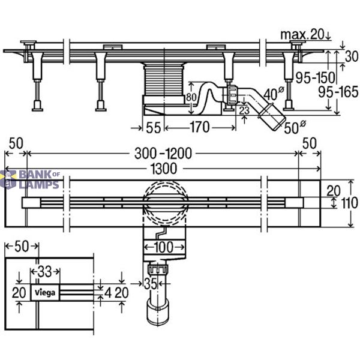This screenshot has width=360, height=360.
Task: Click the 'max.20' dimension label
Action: point(302,35)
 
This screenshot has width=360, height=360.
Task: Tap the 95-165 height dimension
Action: point(338,92)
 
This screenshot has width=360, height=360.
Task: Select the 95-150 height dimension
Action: point(315,77)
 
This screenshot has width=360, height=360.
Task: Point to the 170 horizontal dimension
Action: point(200,127)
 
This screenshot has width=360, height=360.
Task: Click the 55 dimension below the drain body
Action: point(154,127)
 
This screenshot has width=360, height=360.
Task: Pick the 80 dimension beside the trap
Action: point(191,97)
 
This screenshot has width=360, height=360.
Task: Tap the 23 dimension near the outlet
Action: point(244,110)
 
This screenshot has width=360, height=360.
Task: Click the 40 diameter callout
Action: point(274,94)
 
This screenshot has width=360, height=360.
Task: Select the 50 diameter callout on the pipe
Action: point(295,127)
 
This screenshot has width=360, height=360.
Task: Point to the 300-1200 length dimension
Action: point(163,154)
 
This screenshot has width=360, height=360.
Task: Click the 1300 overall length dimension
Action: point(164,168)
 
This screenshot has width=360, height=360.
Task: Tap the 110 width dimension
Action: point(349,203)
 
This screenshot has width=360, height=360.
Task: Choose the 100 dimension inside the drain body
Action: point(164,247)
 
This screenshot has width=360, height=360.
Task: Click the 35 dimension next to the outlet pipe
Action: point(151,284)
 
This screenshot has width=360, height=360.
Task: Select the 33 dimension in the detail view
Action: point(44,272)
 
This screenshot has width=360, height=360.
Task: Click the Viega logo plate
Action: point(45,292)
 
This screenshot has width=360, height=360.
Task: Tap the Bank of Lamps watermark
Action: point(30,179)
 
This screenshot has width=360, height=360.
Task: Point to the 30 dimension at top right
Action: point(352,56)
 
